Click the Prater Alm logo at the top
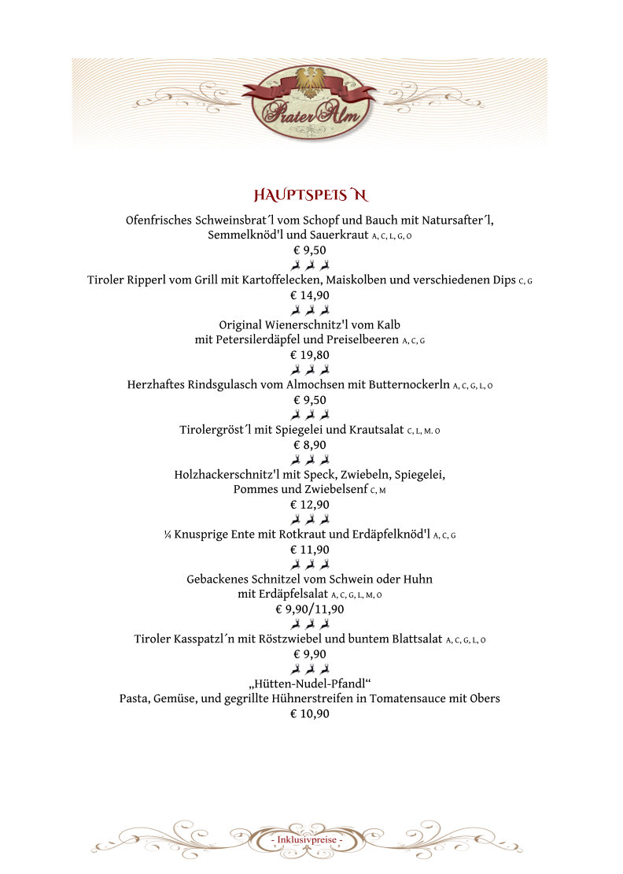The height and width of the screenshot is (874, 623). [309, 102]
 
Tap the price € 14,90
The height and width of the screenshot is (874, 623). [310, 295]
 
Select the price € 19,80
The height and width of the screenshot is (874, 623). [310, 354]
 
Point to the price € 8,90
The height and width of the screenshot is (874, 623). [310, 445]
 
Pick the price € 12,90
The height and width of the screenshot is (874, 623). [310, 505]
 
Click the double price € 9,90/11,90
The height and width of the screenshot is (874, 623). [310, 609]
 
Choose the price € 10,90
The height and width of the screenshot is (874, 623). [310, 714]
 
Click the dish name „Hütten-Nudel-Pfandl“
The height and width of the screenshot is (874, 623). [310, 683]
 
